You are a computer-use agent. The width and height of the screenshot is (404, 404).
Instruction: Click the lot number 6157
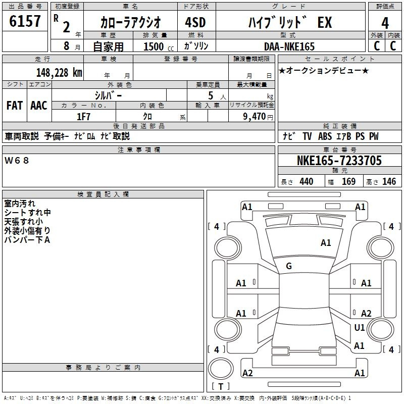(x=25, y=21)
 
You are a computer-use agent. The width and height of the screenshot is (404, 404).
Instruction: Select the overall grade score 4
(x=385, y=23)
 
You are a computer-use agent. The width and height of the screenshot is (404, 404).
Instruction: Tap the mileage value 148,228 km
(x=59, y=73)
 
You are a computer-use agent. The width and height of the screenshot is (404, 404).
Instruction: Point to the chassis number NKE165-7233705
(x=339, y=161)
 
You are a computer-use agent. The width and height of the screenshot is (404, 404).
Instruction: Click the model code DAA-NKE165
(x=289, y=46)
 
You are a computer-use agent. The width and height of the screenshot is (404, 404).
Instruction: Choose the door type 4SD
(x=195, y=22)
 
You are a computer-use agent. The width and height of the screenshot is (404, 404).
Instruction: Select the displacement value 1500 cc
(x=159, y=46)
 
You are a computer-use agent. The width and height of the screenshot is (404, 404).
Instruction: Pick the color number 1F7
(x=83, y=117)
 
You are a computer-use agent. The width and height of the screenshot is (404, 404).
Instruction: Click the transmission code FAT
(x=15, y=106)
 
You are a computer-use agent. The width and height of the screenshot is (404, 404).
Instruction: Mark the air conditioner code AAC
(x=39, y=106)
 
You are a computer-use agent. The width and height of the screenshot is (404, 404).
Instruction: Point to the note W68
(x=17, y=161)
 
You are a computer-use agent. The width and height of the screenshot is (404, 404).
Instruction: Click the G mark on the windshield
(x=289, y=266)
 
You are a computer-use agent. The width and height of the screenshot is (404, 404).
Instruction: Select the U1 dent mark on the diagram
(x=360, y=327)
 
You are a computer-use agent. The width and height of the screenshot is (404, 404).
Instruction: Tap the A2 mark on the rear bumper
(x=247, y=373)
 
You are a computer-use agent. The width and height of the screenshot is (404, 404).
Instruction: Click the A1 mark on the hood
(x=326, y=243)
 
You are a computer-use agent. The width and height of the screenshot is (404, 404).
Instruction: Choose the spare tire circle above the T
(x=221, y=369)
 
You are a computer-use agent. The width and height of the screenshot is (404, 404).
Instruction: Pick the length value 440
(x=307, y=182)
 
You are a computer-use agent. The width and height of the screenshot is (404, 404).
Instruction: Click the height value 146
(x=389, y=182)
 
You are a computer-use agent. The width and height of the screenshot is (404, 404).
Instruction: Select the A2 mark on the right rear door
(x=366, y=313)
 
